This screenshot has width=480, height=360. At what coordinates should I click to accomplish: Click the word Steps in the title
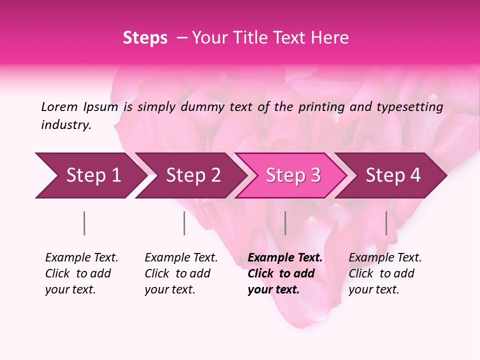145,38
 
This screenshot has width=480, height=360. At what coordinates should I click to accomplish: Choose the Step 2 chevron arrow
191,175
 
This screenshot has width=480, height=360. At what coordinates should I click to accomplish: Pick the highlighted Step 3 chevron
291,175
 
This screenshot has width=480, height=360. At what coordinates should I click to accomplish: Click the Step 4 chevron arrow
392,175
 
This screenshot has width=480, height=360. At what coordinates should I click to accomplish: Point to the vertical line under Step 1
84,223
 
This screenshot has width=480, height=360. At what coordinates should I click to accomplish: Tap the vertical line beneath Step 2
184,223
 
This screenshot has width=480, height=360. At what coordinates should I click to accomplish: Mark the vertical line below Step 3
285,223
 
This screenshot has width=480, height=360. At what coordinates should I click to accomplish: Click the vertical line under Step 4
386,223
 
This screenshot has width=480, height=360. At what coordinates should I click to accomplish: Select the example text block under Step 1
81,273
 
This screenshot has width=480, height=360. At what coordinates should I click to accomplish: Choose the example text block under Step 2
181,273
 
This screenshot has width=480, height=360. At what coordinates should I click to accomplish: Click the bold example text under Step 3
285,273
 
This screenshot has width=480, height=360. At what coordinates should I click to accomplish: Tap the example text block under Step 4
385,273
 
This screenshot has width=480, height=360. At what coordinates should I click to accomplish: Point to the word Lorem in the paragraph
59,106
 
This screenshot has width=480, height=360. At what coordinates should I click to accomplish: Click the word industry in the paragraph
66,124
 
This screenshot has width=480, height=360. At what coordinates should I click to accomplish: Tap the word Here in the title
331,38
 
